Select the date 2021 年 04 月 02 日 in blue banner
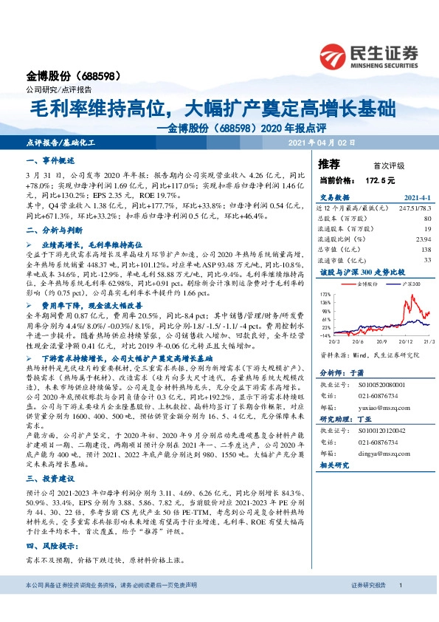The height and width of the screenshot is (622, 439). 322,142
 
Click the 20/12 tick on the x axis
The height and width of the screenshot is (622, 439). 387,342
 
